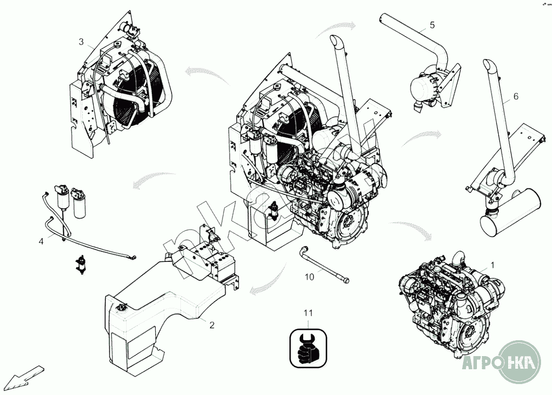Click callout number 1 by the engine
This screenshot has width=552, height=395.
(492, 265)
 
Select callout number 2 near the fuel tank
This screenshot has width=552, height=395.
(212, 324)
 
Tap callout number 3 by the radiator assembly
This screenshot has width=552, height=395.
(81, 42)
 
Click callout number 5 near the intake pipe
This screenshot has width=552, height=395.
(432, 25)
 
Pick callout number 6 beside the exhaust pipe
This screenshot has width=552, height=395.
(515, 96)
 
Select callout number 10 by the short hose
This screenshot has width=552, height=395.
(310, 277)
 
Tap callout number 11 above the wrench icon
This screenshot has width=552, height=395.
(309, 313)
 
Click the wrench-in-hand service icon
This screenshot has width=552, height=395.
(309, 346)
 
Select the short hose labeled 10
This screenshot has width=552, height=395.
(323, 266)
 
